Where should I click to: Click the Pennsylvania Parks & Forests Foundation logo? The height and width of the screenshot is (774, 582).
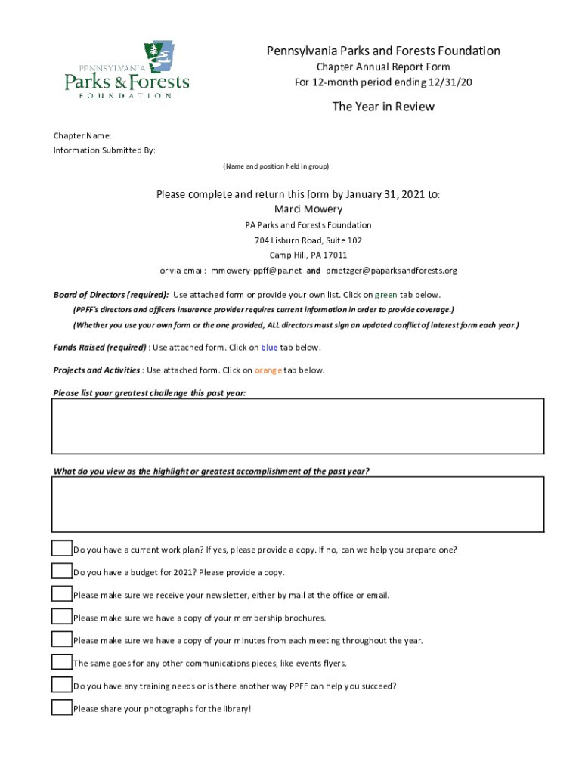click(127, 70)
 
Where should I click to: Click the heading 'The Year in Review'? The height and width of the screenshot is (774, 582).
click(383, 107)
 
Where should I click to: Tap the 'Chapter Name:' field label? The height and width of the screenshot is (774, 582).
click(82, 135)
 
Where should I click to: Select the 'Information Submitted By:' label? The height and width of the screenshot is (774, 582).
click(104, 150)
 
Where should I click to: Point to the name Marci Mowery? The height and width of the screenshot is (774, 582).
click(308, 209)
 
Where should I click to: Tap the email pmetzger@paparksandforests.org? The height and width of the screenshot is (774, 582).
click(392, 271)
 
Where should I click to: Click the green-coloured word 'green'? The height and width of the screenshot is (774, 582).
click(386, 295)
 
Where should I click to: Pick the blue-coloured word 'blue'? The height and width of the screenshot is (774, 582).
click(269, 348)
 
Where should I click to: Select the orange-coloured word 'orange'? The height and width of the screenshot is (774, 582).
click(268, 370)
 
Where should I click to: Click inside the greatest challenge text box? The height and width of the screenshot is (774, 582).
click(298, 426)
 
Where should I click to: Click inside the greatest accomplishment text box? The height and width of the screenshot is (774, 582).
click(298, 504)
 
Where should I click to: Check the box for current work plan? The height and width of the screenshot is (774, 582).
click(62, 548)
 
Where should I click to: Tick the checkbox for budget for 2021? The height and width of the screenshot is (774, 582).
click(62, 571)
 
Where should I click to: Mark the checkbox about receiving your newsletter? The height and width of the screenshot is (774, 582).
click(62, 593)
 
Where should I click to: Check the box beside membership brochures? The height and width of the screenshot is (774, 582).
click(62, 616)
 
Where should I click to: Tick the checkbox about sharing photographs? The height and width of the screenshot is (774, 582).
click(62, 707)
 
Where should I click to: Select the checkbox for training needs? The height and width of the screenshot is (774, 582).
click(62, 685)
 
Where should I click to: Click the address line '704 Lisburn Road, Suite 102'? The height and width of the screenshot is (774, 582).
click(308, 240)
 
